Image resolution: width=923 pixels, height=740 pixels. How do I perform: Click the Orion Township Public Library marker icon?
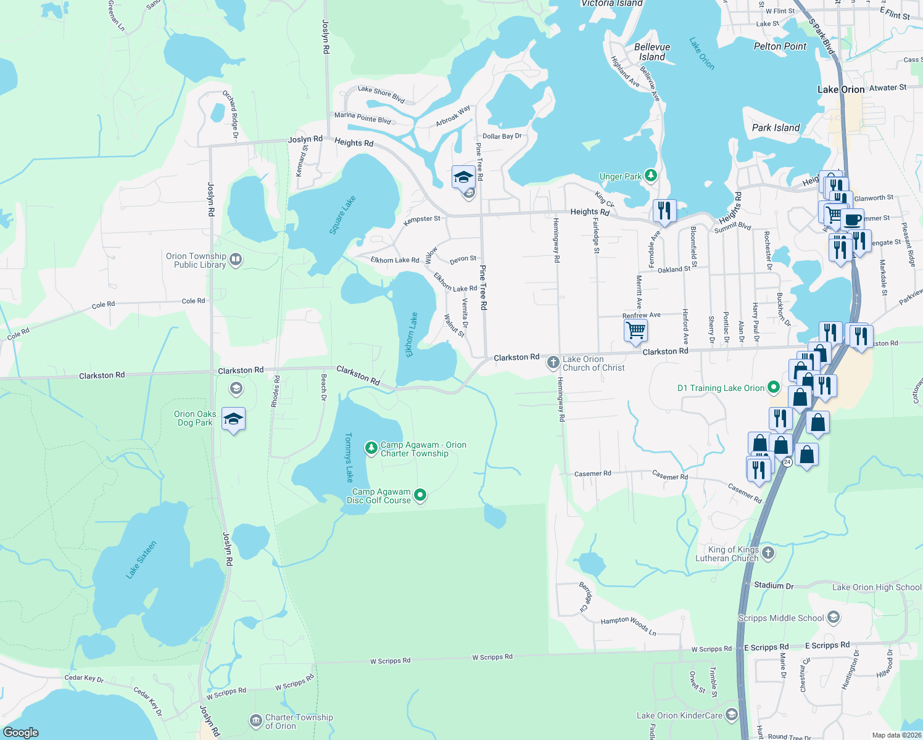tap(236, 260)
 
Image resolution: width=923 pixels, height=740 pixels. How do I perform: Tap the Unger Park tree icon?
tap(650, 176)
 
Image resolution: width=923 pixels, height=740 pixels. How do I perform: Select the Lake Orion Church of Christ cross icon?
tap(553, 363)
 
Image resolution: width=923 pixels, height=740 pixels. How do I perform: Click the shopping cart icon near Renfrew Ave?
tap(635, 330)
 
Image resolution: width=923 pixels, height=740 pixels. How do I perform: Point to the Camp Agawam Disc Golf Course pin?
tap(420, 495)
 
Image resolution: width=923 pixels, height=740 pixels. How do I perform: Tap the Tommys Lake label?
tap(349, 457)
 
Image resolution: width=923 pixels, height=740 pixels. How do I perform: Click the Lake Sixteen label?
tap(141, 560)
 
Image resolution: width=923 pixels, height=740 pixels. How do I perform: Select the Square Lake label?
tap(342, 215)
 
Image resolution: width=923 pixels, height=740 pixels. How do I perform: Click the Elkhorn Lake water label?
tap(412, 335)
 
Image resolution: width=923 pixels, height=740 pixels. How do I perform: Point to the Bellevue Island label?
tap(652, 52)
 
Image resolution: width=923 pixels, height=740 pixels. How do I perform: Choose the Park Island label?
tap(776, 128)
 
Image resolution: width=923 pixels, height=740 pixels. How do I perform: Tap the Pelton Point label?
tap(780, 46)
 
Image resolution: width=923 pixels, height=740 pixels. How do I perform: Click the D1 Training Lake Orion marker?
tap(774, 388)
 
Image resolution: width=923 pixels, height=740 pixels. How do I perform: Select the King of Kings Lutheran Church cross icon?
tap(768, 553)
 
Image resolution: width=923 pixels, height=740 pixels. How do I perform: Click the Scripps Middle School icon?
tap(833, 617)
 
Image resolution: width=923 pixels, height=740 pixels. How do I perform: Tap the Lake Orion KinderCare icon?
tap(732, 715)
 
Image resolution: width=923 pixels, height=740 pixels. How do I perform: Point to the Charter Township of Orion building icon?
tap(255, 720)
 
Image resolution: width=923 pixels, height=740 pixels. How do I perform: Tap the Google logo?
tap(21, 733)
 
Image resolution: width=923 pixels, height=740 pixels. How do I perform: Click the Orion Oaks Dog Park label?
tap(195, 418)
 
